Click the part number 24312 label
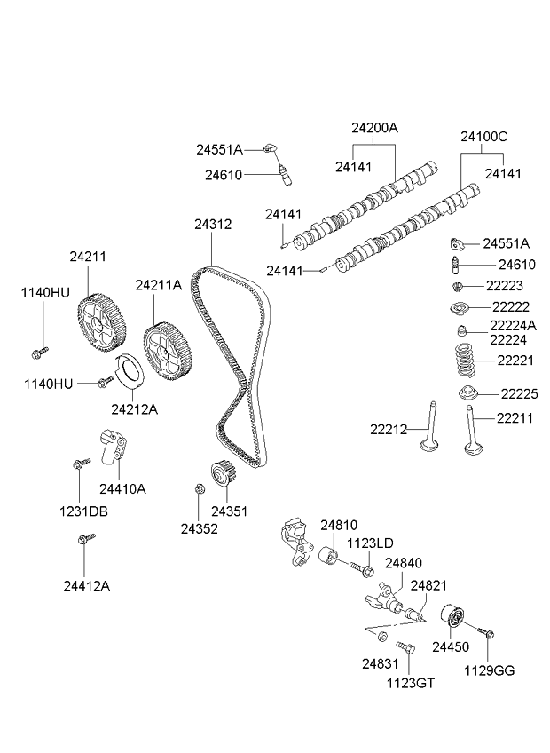214,225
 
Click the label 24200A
374,127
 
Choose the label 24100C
483,137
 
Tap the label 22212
389,429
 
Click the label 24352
200,528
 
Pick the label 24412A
87,585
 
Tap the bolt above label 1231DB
82,464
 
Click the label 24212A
135,409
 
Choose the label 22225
519,393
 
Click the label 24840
404,564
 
